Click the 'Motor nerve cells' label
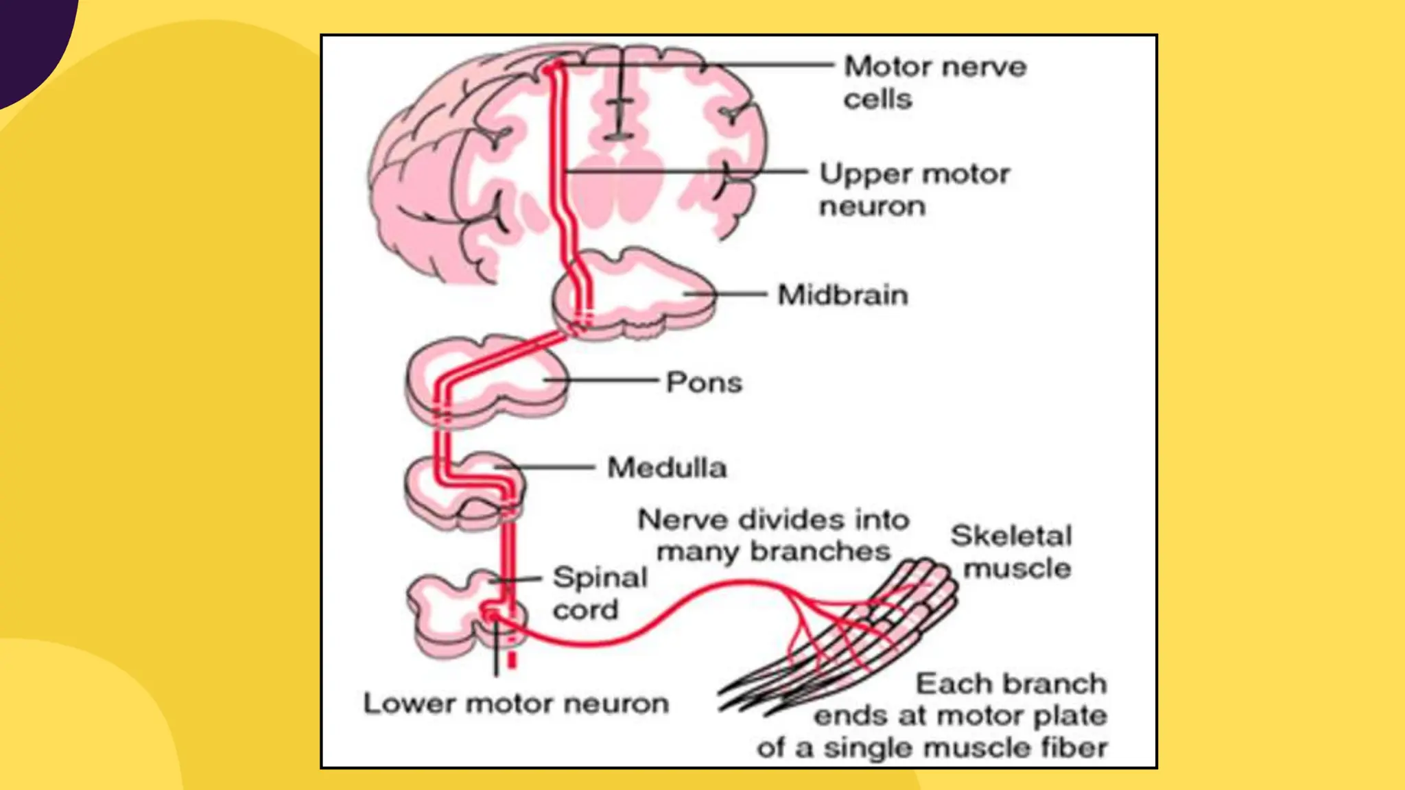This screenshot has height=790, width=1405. coord(935,82)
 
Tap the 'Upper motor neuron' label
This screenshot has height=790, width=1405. coord(914,189)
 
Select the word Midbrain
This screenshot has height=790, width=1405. coord(842,295)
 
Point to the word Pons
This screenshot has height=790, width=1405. coord(704,382)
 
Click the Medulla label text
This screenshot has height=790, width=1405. coord(667,468)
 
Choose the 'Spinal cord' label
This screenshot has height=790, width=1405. coord(600,593)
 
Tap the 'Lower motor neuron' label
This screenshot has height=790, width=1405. coord(516,704)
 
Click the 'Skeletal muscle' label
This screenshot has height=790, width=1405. coord(1011,552)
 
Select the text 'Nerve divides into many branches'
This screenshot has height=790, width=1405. coord(773,535)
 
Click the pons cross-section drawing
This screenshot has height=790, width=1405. coord(487,381)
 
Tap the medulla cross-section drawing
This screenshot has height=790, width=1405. coord(464,491)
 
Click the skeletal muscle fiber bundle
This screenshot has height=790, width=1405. coord(844,638)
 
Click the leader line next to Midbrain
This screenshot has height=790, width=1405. coord(725,294)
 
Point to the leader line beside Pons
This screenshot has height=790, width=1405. coord(601,379)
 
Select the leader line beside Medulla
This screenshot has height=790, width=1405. coord(545,468)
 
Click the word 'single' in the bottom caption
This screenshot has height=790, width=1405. coord(866,747)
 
